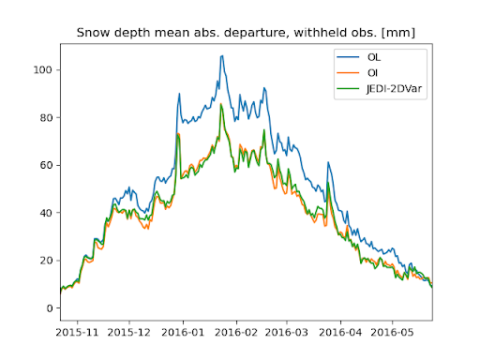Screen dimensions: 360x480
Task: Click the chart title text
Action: [246, 34]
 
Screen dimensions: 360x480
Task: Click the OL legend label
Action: [375, 56]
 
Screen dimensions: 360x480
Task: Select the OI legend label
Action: [373, 73]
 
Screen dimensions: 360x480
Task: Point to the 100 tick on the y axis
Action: [40, 70]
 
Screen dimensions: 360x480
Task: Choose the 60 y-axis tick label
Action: [43, 165]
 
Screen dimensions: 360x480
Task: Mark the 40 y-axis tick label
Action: [43, 213]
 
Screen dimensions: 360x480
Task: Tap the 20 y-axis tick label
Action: [43, 261]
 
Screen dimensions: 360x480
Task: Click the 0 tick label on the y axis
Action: [47, 308]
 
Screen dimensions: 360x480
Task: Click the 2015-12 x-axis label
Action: [128, 332]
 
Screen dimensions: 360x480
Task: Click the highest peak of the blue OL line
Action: [222, 55]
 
